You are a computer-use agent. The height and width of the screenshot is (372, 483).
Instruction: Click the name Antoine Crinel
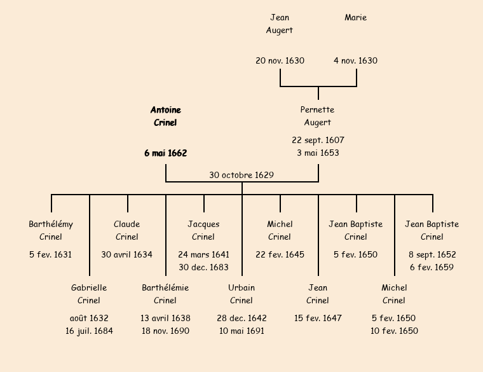pos(165,116)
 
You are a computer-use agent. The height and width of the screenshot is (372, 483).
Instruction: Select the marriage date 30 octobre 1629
pos(241,175)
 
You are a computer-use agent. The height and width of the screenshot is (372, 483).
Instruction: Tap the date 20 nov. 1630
pos(280,61)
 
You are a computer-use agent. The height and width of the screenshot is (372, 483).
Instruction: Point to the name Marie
pos(356,18)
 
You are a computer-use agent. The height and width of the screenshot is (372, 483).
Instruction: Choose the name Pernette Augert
pos(318,116)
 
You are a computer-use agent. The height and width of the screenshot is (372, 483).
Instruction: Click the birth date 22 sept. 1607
pos(318,141)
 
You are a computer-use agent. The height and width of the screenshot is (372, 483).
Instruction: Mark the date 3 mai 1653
pos(318,153)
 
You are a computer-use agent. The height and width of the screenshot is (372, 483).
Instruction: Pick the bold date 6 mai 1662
pos(165,153)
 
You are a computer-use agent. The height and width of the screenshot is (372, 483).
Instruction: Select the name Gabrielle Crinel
pos(89,294)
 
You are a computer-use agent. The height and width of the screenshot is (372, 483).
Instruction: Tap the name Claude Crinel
pos(127,230)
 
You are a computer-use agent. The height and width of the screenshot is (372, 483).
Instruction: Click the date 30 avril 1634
pos(127,255)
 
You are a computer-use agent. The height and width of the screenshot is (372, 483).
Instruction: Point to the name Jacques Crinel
pos(203,230)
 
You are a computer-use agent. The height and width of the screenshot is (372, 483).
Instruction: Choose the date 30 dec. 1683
pos(203,268)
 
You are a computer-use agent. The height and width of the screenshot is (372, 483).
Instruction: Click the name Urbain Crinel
pos(241,294)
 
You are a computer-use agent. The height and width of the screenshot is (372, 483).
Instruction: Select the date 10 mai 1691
pos(241,331)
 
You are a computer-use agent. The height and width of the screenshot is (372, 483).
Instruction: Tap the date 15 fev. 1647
pos(318,319)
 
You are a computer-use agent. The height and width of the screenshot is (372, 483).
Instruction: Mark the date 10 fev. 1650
pos(394,331)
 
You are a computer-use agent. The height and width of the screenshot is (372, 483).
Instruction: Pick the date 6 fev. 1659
pos(432,268)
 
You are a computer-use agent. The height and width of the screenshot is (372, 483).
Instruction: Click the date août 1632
pos(89,319)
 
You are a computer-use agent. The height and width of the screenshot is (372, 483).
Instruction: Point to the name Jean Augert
pos(280,24)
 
